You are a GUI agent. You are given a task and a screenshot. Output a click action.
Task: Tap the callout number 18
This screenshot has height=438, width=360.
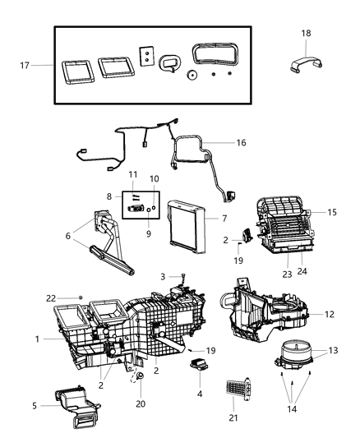pyautogui.click(x=306, y=33)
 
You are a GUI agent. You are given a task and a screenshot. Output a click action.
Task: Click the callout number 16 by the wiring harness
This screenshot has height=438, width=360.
pyautogui.click(x=241, y=143)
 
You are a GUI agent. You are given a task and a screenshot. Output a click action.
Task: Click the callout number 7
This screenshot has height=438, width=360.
pyautogui.click(x=224, y=219)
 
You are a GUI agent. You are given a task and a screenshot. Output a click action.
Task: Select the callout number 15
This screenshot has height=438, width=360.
pyautogui.click(x=332, y=212)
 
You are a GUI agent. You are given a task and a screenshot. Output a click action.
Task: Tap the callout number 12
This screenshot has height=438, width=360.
pyautogui.click(x=329, y=313)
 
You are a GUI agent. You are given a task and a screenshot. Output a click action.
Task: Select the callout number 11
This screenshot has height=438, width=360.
pyautogui.click(x=132, y=174)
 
